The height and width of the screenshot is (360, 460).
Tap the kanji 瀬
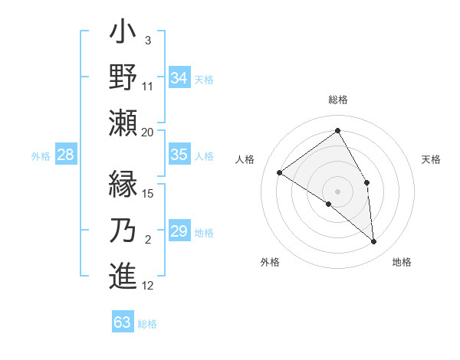click(123, 122)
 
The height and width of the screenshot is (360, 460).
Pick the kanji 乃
click(123, 231)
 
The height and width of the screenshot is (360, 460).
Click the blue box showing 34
click(179, 77)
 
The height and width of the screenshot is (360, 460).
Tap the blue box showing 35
click(179, 155)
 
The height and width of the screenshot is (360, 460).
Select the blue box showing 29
click(179, 231)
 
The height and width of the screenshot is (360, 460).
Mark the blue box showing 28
click(66, 155)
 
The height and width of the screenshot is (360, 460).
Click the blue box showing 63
click(123, 322)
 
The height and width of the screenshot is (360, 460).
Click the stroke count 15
click(148, 193)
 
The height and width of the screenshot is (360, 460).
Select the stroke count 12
click(148, 286)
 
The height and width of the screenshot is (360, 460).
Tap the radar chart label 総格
click(337, 100)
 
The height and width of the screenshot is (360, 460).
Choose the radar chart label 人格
click(245, 159)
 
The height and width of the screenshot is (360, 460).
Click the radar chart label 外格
click(269, 262)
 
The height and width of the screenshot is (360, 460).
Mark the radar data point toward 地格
click(374, 242)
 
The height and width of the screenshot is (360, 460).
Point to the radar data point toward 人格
click(280, 172)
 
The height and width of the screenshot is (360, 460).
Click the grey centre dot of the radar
click(337, 191)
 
